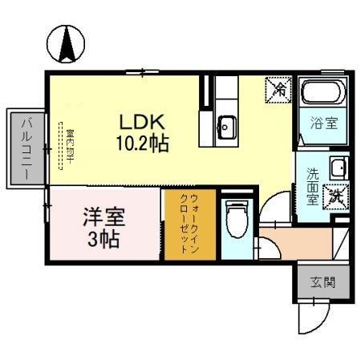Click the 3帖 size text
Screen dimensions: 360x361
point(105,238)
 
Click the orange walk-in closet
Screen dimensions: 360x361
point(189,224)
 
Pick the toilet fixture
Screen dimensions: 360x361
point(237,218)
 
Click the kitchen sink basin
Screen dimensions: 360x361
point(227,126)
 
